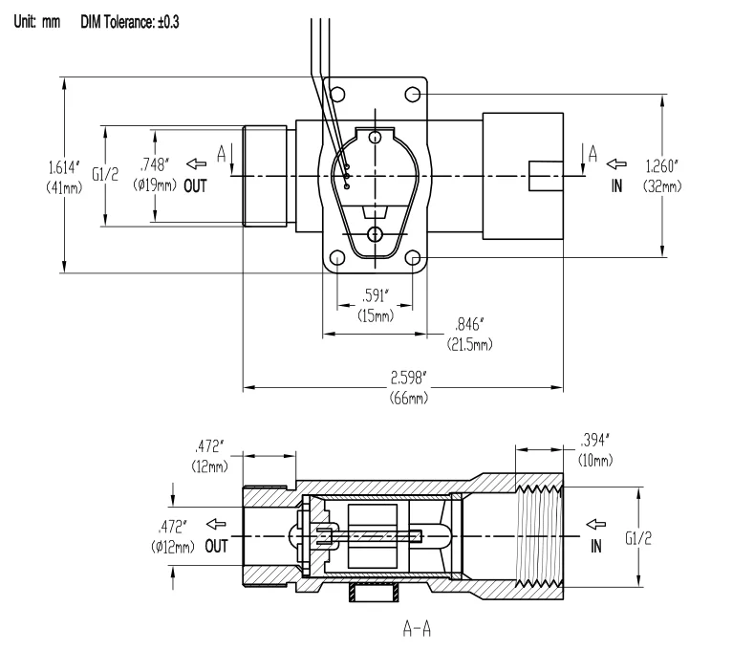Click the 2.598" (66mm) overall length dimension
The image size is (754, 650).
click(408, 387)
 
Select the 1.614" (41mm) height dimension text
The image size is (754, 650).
click(64, 177)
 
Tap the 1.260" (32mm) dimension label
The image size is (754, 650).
click(662, 176)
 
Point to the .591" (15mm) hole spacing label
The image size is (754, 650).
click(376, 306)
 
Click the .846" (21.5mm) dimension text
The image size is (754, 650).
click(470, 334)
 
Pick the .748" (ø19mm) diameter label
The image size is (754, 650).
click(155, 174)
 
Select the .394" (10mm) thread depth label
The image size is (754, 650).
click(595, 450)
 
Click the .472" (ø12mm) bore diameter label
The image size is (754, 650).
click(173, 536)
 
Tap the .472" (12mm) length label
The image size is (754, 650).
click(209, 456)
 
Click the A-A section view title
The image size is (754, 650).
click(417, 629)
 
